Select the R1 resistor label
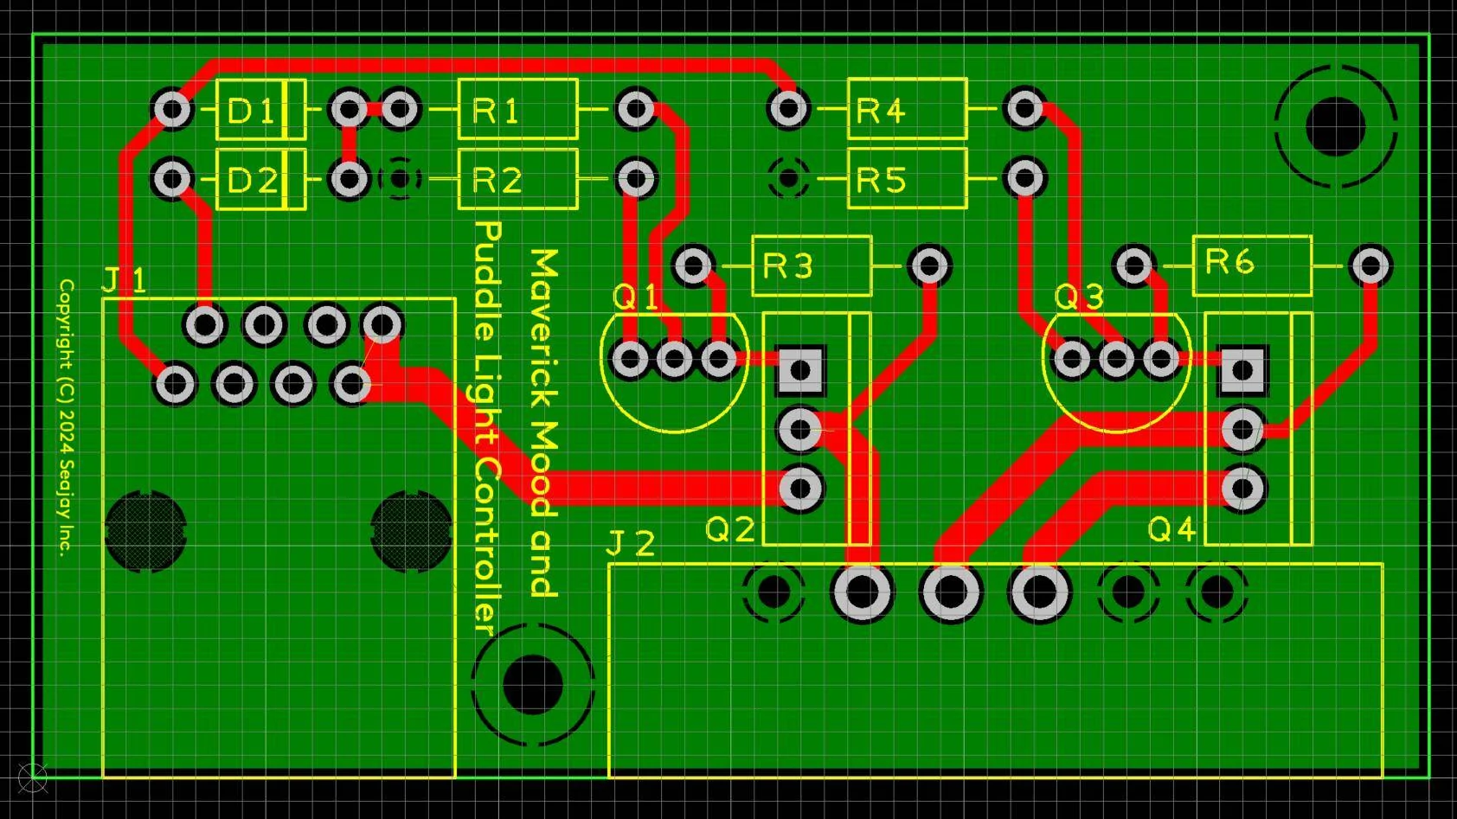(496, 111)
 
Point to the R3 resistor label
(787, 266)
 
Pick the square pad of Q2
(800, 370)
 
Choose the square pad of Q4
(1242, 370)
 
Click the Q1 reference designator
(635, 298)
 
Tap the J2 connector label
(630, 543)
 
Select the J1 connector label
(125, 281)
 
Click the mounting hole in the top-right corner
(1335, 126)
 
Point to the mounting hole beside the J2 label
(533, 684)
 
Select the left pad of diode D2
(172, 178)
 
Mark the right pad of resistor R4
(1025, 108)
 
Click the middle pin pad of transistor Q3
(1116, 359)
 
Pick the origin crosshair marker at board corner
(33, 776)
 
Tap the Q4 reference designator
(1171, 530)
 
